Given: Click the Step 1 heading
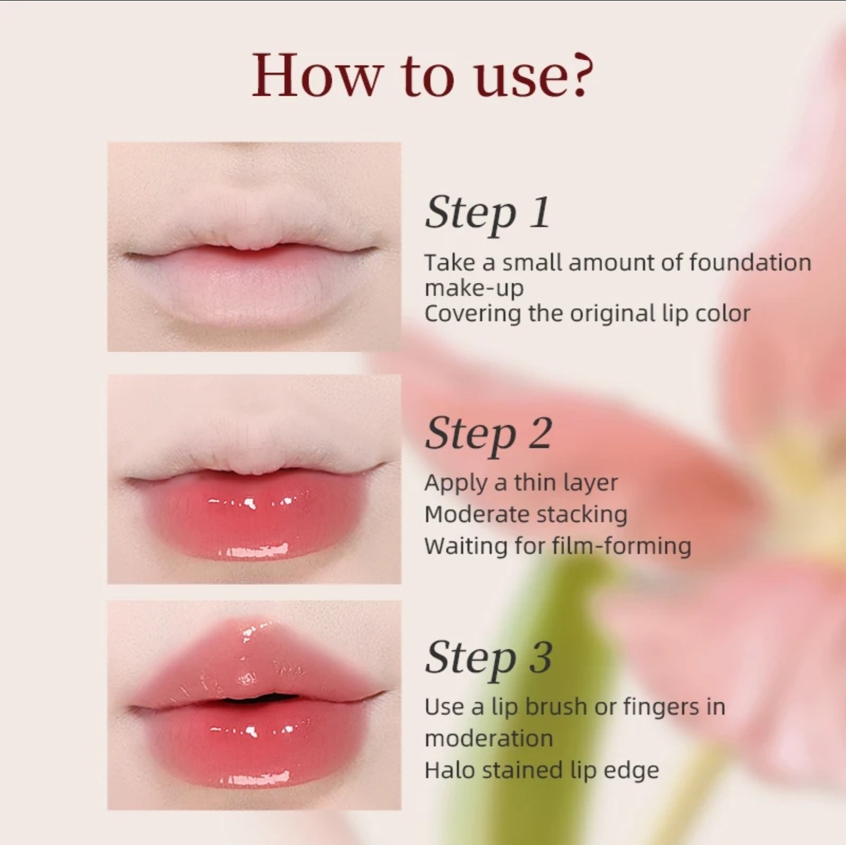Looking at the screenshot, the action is pos(488,213).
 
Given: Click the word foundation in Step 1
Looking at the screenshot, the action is pos(750,262).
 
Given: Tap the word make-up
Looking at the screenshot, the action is pos(474,289).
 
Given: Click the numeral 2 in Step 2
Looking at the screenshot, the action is pos(539,433).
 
